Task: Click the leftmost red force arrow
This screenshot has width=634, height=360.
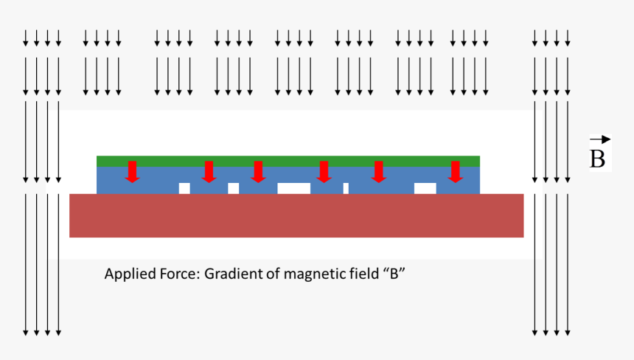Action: pyautogui.click(x=132, y=171)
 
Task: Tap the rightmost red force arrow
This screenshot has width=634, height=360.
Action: pyautogui.click(x=455, y=171)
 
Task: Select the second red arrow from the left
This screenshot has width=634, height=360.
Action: pyautogui.click(x=209, y=171)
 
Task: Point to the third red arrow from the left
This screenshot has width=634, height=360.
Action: pyautogui.click(x=257, y=171)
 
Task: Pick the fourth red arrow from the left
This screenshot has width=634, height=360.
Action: pyautogui.click(x=323, y=171)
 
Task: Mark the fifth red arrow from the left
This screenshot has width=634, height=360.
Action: pyautogui.click(x=378, y=171)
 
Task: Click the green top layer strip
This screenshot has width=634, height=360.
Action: pyautogui.click(x=288, y=161)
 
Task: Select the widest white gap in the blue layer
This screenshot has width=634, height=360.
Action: pyautogui.click(x=293, y=188)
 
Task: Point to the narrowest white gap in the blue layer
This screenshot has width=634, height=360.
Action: pyautogui.click(x=346, y=188)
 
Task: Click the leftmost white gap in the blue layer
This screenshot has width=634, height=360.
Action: pyautogui.click(x=184, y=188)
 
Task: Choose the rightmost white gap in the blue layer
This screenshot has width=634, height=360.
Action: pyautogui.click(x=425, y=188)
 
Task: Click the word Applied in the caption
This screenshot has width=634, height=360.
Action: pyautogui.click(x=127, y=274)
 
